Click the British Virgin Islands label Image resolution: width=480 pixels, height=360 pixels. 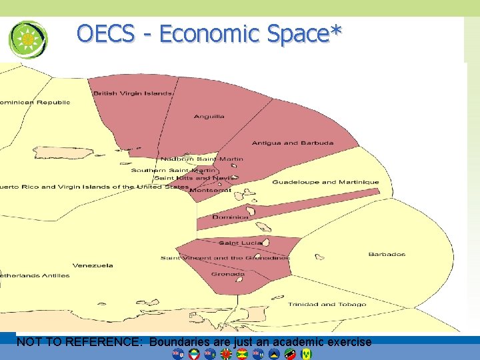coord(133,93)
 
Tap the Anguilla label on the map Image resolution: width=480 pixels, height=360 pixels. coord(209,117)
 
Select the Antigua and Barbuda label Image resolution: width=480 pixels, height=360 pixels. coord(284,143)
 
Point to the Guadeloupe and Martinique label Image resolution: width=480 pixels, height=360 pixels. coord(325,182)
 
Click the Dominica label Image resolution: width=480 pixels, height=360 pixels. coord(230,217)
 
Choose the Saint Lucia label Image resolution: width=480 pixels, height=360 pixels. coord(240,243)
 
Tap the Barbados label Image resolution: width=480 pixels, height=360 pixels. coord(387,254)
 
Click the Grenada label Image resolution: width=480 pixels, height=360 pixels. coord(228,274)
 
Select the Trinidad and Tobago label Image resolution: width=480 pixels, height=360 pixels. coord(327,305)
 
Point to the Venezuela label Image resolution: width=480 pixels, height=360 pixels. coord(93,265)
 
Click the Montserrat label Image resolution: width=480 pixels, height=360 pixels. coord(211,190)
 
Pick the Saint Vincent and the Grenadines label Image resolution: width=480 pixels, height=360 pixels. coord(225,258)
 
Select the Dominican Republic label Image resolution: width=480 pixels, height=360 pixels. coord(35,103)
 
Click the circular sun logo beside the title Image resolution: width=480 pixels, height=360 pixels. coord(28,39)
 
